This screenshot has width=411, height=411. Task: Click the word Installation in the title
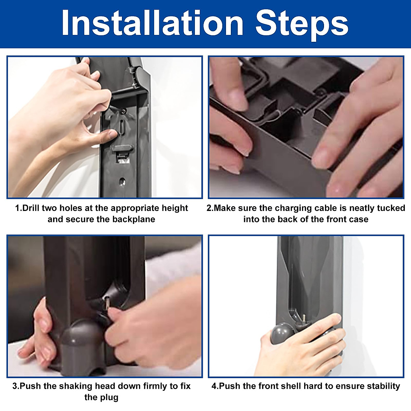[x=152, y=23]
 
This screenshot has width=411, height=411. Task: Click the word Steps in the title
[x=302, y=25]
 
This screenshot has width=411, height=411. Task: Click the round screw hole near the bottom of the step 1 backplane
[x=122, y=182]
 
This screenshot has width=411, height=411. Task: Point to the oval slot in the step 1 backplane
[x=122, y=127]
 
